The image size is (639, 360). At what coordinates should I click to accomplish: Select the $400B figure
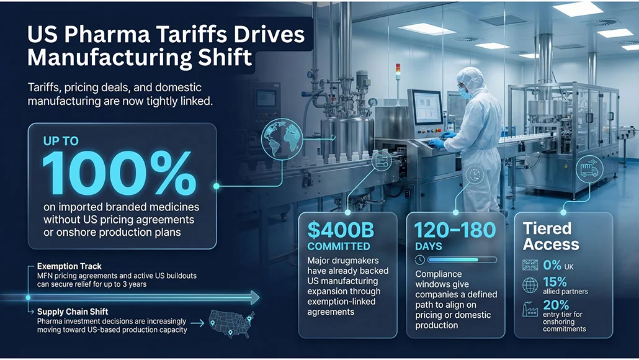(x=341, y=230)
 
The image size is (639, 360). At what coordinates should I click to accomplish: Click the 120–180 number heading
(x=455, y=230)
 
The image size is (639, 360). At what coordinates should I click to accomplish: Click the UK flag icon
(x=531, y=264)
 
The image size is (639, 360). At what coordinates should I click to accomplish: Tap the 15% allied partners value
(x=554, y=282)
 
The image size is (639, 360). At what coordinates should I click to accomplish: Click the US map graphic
(x=231, y=322)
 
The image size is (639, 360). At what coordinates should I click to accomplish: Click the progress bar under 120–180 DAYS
(x=462, y=259)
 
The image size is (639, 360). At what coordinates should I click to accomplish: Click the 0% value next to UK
(x=552, y=264)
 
